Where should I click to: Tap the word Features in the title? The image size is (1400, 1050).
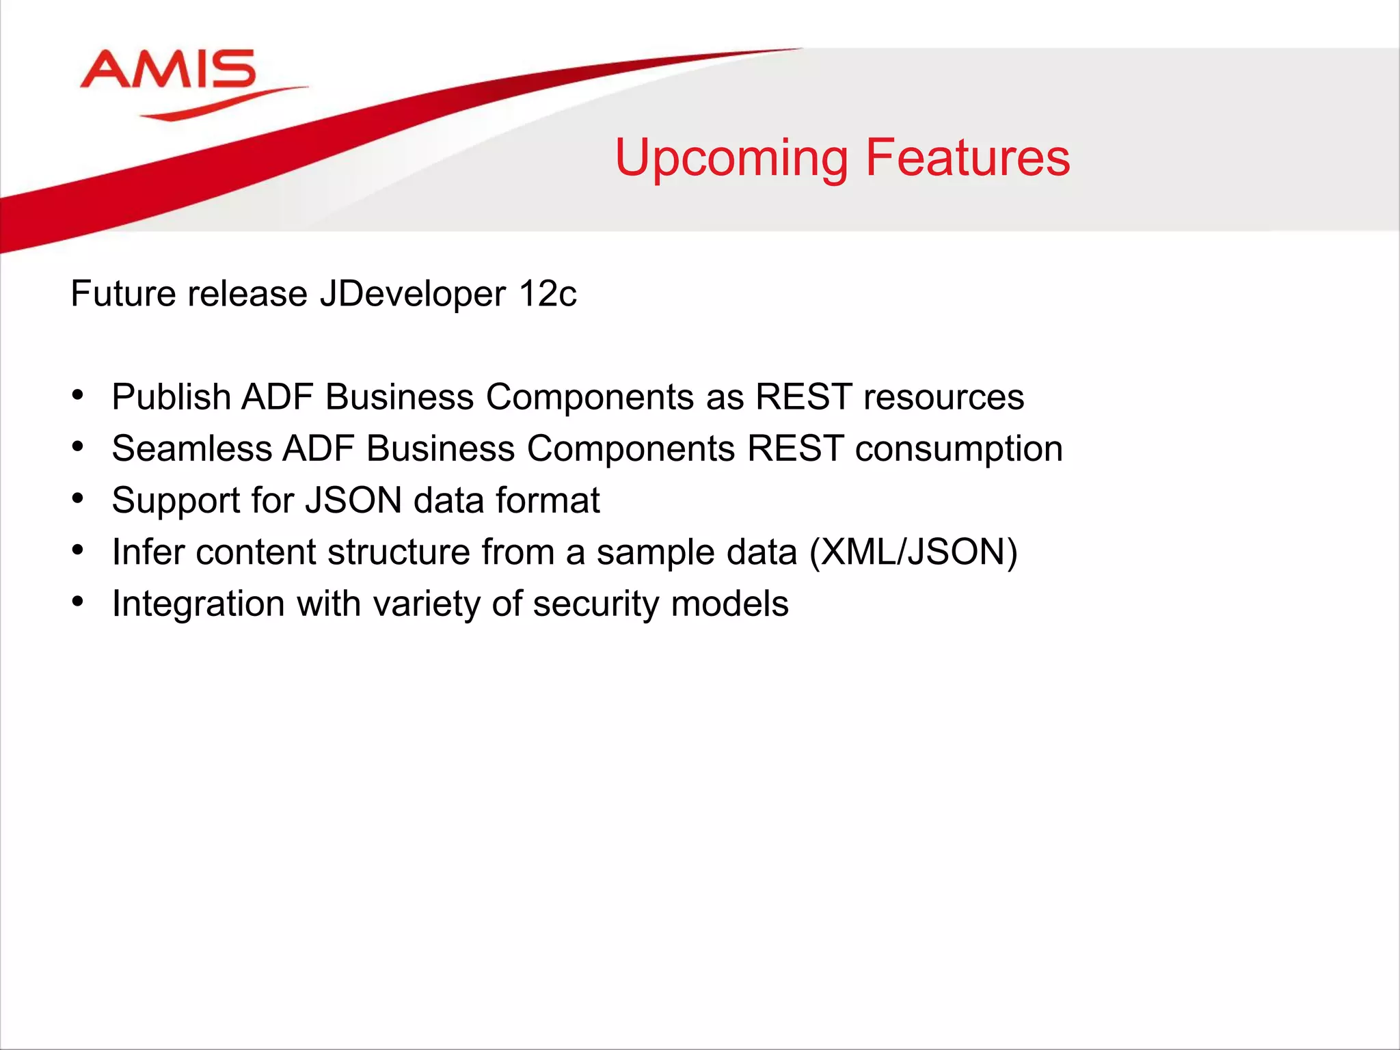tap(967, 158)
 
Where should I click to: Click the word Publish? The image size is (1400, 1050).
tap(171, 397)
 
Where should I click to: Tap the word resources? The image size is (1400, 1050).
tap(943, 397)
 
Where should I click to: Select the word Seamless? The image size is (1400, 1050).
tap(192, 449)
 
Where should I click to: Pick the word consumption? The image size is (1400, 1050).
tap(958, 449)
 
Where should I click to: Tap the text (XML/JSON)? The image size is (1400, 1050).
tap(913, 552)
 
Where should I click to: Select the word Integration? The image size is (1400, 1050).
tap(198, 604)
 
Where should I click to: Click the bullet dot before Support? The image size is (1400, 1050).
tap(78, 498)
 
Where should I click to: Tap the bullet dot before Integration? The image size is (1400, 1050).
tap(78, 602)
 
